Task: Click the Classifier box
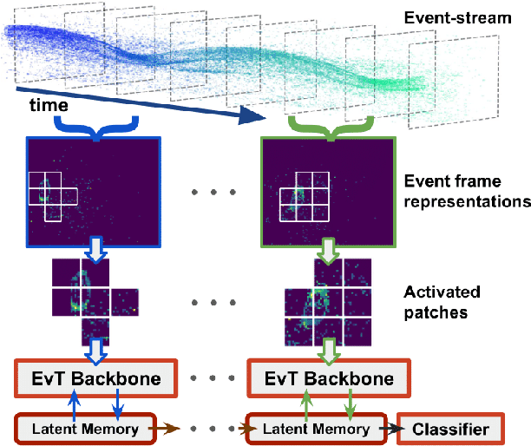point(449,429)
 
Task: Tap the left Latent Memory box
point(87,429)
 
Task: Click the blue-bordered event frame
point(95,191)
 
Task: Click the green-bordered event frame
point(323,191)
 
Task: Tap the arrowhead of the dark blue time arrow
point(252,115)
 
